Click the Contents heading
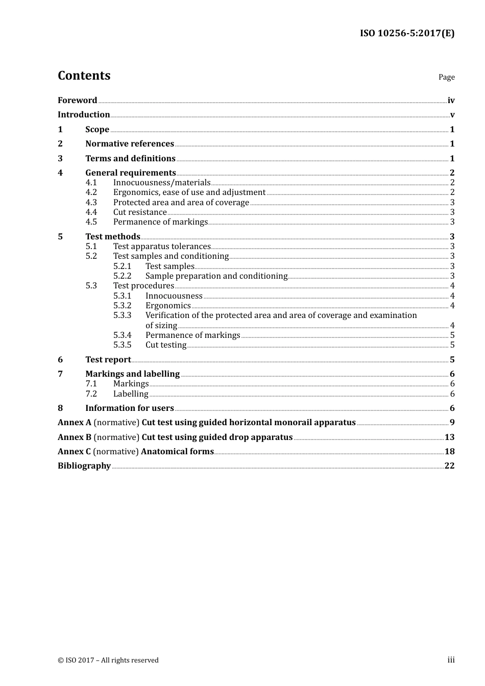tap(84, 76)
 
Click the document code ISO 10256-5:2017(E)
tap(407, 34)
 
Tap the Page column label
tap(446, 77)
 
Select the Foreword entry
tap(77, 101)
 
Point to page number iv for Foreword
tap(451, 101)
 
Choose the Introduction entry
tap(84, 115)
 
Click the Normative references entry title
tap(130, 144)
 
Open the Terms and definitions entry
tap(130, 159)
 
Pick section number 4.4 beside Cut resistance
tap(91, 212)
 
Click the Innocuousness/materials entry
tap(162, 183)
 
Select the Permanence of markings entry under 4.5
tap(160, 222)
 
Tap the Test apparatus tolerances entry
tap(162, 247)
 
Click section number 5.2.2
tap(123, 276)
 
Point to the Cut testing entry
tap(166, 345)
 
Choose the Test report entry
tap(108, 360)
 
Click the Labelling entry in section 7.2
tap(131, 394)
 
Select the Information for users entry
tap(130, 408)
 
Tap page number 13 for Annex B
tap(449, 437)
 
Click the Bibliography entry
tap(84, 466)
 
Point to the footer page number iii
tap(451, 660)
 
